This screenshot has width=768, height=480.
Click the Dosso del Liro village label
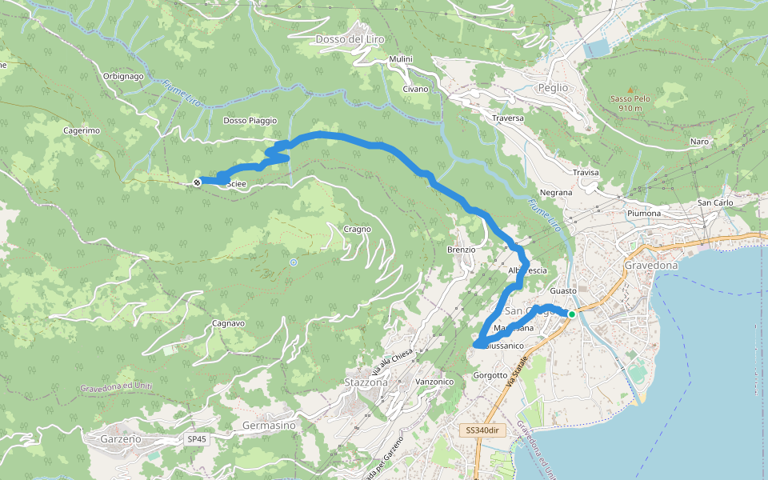351,38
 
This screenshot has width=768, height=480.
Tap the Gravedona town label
650,265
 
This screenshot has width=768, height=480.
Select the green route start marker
572,314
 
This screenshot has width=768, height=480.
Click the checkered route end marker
197,182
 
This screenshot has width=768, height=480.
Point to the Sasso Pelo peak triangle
630,89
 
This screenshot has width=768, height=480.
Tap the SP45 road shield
196,439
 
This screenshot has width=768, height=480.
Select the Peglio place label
553,87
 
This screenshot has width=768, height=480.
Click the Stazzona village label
366,382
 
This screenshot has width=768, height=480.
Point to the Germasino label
268,426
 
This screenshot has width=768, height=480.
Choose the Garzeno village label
122,439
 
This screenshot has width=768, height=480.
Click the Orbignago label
122,76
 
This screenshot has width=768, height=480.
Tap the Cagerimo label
81,130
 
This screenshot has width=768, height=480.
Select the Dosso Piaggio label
250,121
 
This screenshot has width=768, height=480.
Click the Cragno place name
358,230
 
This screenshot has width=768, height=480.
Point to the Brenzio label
462,250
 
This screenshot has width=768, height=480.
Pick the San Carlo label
715,202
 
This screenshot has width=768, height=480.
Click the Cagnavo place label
229,324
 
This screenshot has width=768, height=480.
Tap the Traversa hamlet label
508,118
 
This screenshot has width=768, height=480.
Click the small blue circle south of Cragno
294,262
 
